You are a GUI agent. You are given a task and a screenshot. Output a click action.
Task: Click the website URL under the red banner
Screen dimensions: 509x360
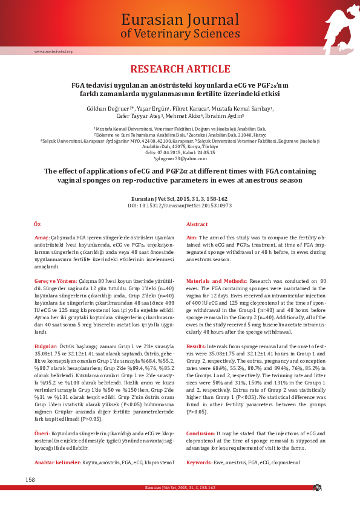click(x=53, y=51)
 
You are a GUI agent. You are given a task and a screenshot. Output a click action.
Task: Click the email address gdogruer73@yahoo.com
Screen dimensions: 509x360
click(x=180, y=158)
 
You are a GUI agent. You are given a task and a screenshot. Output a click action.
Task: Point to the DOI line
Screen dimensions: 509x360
click(x=180, y=206)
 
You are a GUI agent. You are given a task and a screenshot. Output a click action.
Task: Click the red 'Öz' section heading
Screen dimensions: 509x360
click(x=37, y=224)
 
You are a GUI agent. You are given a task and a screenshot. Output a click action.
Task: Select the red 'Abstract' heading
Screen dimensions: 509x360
click(x=197, y=224)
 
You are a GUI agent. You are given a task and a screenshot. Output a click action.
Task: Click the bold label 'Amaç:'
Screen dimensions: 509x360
click(x=42, y=238)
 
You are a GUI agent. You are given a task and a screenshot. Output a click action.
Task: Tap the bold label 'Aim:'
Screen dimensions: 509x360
click(x=192, y=238)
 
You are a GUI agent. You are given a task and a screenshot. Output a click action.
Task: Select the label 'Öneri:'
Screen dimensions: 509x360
click(x=42, y=434)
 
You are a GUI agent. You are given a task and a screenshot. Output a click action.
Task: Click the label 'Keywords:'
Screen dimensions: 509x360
click(x=199, y=462)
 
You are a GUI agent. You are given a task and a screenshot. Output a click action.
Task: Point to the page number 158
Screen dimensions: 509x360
click(x=30, y=479)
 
